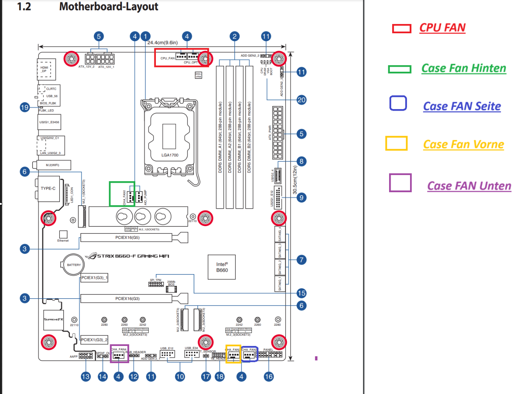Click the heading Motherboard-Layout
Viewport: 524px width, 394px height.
109,6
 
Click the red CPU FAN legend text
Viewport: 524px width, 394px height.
442,28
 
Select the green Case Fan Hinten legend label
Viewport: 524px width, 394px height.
463,68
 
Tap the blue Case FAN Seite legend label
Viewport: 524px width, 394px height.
462,106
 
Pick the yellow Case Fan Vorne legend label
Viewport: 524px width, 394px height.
463,144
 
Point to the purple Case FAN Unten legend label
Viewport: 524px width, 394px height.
469,186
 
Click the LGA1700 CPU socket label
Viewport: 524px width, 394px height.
170,155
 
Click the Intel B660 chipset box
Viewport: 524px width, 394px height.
222,267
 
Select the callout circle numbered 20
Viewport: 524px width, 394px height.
301,100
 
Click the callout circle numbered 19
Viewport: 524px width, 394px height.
25,107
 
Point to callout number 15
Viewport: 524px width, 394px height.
301,293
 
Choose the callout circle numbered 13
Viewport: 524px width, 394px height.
86,377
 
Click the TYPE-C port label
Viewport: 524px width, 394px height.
48,188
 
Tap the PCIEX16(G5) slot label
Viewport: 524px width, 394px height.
127,238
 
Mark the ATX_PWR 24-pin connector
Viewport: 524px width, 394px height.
277,132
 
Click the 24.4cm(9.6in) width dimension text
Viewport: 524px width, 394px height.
162,43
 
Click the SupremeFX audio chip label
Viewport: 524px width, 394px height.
53,319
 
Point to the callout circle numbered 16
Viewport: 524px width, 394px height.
269,377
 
